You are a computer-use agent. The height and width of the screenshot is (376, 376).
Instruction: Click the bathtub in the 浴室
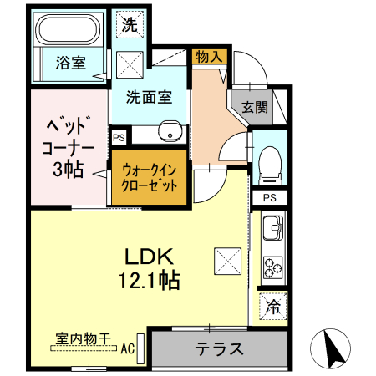click(69, 29)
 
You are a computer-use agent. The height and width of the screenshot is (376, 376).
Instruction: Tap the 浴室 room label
click(71, 63)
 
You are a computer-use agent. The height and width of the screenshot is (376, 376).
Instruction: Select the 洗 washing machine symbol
click(130, 24)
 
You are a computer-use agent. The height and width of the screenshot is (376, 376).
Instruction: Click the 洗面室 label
click(149, 97)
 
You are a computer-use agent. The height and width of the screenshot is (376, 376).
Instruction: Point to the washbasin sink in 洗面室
click(170, 131)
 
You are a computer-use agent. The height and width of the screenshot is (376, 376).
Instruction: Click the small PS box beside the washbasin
click(119, 138)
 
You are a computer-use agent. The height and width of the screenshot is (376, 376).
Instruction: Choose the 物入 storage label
click(209, 57)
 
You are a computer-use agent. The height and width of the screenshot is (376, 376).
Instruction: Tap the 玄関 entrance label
click(255, 107)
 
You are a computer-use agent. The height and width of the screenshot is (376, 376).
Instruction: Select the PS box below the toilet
click(270, 197)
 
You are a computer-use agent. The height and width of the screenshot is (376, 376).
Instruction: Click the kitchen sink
click(273, 227)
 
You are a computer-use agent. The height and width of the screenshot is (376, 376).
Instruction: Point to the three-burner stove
click(273, 267)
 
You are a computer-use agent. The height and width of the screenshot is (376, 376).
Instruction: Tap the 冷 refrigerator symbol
click(273, 306)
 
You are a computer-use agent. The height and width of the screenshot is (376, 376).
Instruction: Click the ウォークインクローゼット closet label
click(150, 177)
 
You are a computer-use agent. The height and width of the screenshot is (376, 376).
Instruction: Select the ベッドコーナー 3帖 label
click(68, 147)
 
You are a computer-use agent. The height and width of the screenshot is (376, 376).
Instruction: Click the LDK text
click(149, 257)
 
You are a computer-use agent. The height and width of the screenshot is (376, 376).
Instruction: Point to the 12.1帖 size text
click(150, 280)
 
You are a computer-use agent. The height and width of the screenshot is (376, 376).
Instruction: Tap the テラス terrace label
click(219, 348)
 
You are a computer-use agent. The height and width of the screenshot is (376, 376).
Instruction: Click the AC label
click(128, 348)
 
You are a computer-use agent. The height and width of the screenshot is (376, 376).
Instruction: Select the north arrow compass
click(331, 348)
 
